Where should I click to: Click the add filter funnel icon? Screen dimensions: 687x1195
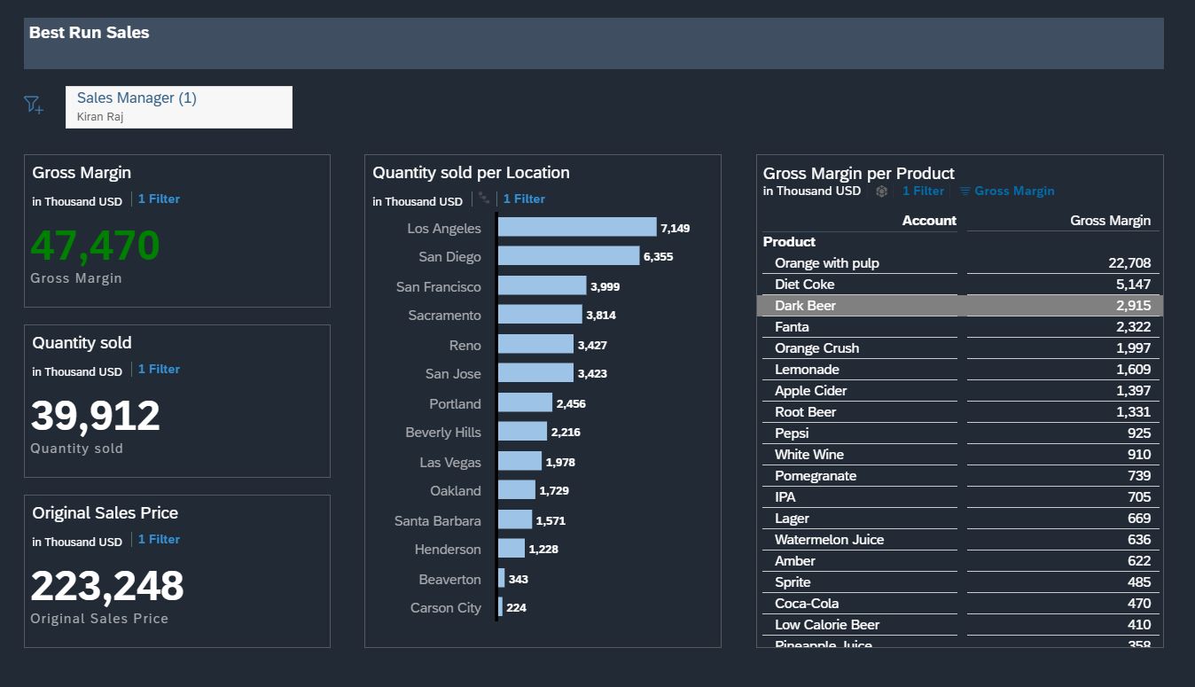(x=33, y=105)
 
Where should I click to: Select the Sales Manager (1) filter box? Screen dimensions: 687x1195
(x=178, y=106)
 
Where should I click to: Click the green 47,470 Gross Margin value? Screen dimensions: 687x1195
(x=95, y=246)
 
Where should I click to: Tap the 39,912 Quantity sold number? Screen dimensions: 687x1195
(x=95, y=416)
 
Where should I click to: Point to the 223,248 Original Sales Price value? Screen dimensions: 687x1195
(x=107, y=586)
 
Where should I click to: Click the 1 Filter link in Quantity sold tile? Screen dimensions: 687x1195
(x=159, y=369)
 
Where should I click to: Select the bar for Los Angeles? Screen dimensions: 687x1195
(x=576, y=228)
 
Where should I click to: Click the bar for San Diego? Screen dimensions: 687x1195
(x=567, y=256)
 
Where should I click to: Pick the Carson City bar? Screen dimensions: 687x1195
(x=500, y=607)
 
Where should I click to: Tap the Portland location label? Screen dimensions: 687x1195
(x=455, y=403)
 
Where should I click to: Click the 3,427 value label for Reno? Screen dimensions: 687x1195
(x=592, y=345)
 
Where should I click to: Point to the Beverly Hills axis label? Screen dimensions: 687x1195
(x=443, y=433)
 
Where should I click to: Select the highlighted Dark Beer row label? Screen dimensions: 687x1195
(x=805, y=306)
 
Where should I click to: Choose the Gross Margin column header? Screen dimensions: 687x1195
(x=1110, y=221)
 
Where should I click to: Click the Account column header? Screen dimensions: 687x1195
(x=929, y=221)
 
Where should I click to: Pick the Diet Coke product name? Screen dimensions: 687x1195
(x=804, y=285)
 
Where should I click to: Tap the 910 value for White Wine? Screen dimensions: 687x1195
(x=1138, y=455)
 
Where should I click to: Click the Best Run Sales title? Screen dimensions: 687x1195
(x=90, y=33)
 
